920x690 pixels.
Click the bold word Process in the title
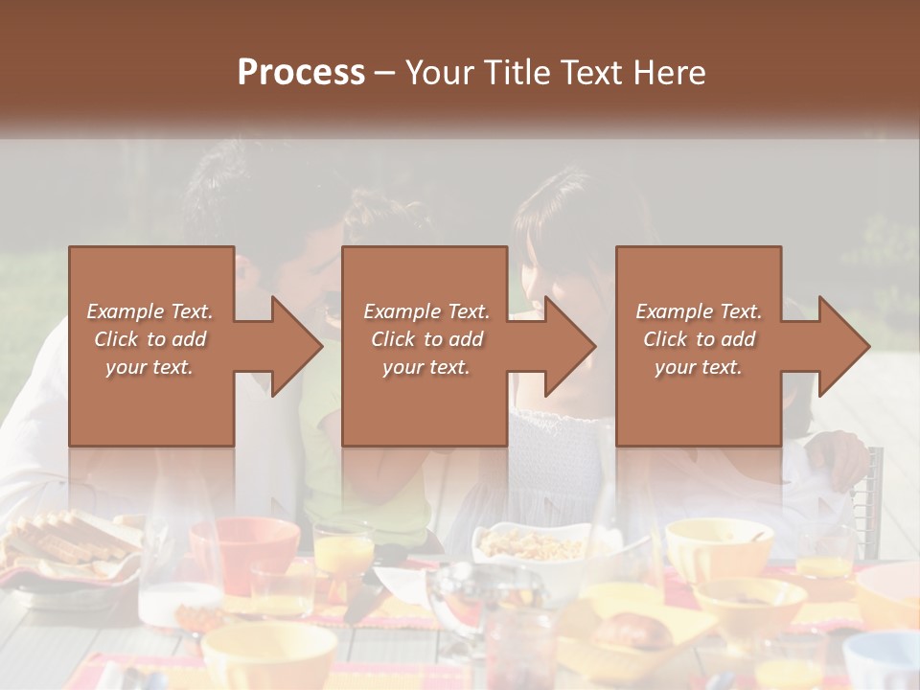tap(301, 73)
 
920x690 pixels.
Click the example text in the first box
tap(149, 339)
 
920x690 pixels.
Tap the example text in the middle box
tap(425, 339)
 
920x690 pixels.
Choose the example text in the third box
tap(699, 339)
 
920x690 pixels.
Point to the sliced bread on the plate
tap(67, 541)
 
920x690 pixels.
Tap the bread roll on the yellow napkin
tap(631, 632)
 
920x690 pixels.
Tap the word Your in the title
tap(435, 73)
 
